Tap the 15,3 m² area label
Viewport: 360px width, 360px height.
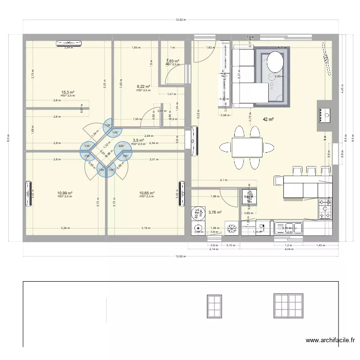(67, 92)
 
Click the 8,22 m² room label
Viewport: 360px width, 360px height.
(144, 86)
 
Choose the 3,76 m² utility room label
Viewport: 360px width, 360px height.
(215, 212)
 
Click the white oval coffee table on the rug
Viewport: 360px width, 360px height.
(275, 62)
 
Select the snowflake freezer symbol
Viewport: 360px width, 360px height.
(231, 228)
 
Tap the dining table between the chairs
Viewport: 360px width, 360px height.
(247, 147)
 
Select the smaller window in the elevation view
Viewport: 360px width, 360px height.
(214, 306)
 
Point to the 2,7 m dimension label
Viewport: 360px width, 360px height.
(223, 180)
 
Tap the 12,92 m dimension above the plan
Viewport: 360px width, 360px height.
(180, 20)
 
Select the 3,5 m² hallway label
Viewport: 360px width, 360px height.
(138, 141)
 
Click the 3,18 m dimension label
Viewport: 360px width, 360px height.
(144, 228)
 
